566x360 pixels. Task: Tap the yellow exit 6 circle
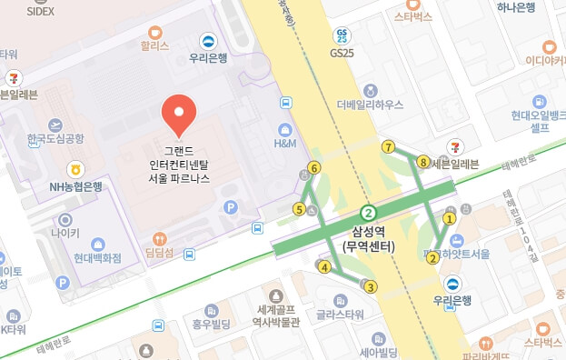coord(314,167)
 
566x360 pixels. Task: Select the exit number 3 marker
coord(370,287)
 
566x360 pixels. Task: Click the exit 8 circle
coord(422,162)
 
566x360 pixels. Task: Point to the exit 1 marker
coord(448,218)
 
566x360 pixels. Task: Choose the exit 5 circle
coord(299,210)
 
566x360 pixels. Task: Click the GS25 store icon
coord(342,36)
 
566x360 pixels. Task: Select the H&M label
coord(285,143)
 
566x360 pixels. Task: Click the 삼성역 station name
coord(368,232)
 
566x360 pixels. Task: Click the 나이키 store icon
coord(65,220)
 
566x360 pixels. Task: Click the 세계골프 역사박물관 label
coord(278,315)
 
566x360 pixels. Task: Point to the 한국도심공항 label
coord(55,138)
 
